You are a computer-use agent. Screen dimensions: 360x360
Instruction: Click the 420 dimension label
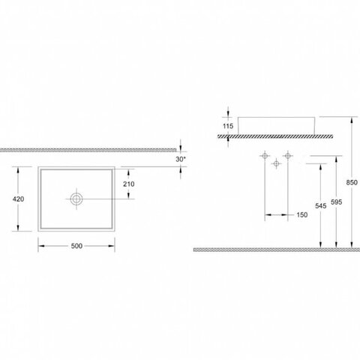pyautogui.click(x=18, y=199)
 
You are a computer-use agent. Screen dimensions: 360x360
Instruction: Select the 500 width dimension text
pyautogui.click(x=76, y=246)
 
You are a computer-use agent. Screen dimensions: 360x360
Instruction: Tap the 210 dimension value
pyautogui.click(x=129, y=184)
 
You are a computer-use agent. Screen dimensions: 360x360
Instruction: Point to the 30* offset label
pyautogui.click(x=181, y=159)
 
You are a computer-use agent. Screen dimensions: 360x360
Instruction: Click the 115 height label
pyautogui.click(x=228, y=126)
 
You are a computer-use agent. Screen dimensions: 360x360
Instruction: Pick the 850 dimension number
pyautogui.click(x=352, y=182)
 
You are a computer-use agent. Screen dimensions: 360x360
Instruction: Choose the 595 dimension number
pyautogui.click(x=336, y=202)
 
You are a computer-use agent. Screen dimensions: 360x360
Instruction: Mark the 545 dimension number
pyautogui.click(x=321, y=205)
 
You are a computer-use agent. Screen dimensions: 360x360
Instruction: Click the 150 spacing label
pyautogui.click(x=302, y=214)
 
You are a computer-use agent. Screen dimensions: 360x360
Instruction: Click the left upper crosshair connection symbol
pyautogui.click(x=265, y=156)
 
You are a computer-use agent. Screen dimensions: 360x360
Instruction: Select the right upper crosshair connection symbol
pyautogui.click(x=288, y=156)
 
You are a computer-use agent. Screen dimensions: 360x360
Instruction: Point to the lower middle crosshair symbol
pyautogui.click(x=276, y=163)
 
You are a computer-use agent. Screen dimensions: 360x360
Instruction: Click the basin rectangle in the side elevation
pyautogui.click(x=276, y=117)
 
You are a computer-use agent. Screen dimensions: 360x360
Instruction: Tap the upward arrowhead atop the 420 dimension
pyautogui.click(x=18, y=170)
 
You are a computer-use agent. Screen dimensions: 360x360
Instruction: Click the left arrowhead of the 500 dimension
pyautogui.click(x=41, y=246)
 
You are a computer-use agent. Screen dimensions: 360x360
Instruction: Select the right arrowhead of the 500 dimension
pyautogui.click(x=112, y=246)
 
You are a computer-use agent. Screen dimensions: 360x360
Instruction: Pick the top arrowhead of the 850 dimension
pyautogui.click(x=352, y=120)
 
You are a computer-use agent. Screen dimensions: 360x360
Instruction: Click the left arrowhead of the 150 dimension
pyautogui.click(x=268, y=214)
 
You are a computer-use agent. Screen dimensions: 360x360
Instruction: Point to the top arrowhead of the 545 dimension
pyautogui.click(x=321, y=167)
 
